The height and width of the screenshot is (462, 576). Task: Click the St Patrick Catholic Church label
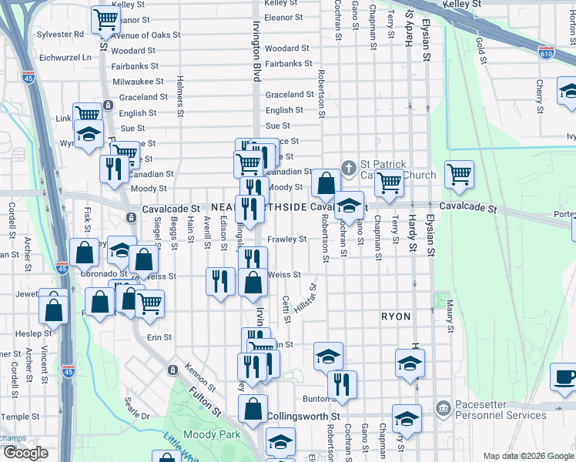(x=397, y=169)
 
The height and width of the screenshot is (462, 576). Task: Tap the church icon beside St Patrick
(x=348, y=166)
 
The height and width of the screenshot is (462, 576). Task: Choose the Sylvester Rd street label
(x=61, y=35)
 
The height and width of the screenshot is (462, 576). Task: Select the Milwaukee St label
(x=137, y=82)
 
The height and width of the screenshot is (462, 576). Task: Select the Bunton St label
(x=316, y=399)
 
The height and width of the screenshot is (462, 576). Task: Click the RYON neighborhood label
(x=395, y=316)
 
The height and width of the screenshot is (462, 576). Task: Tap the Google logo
(x=25, y=453)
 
